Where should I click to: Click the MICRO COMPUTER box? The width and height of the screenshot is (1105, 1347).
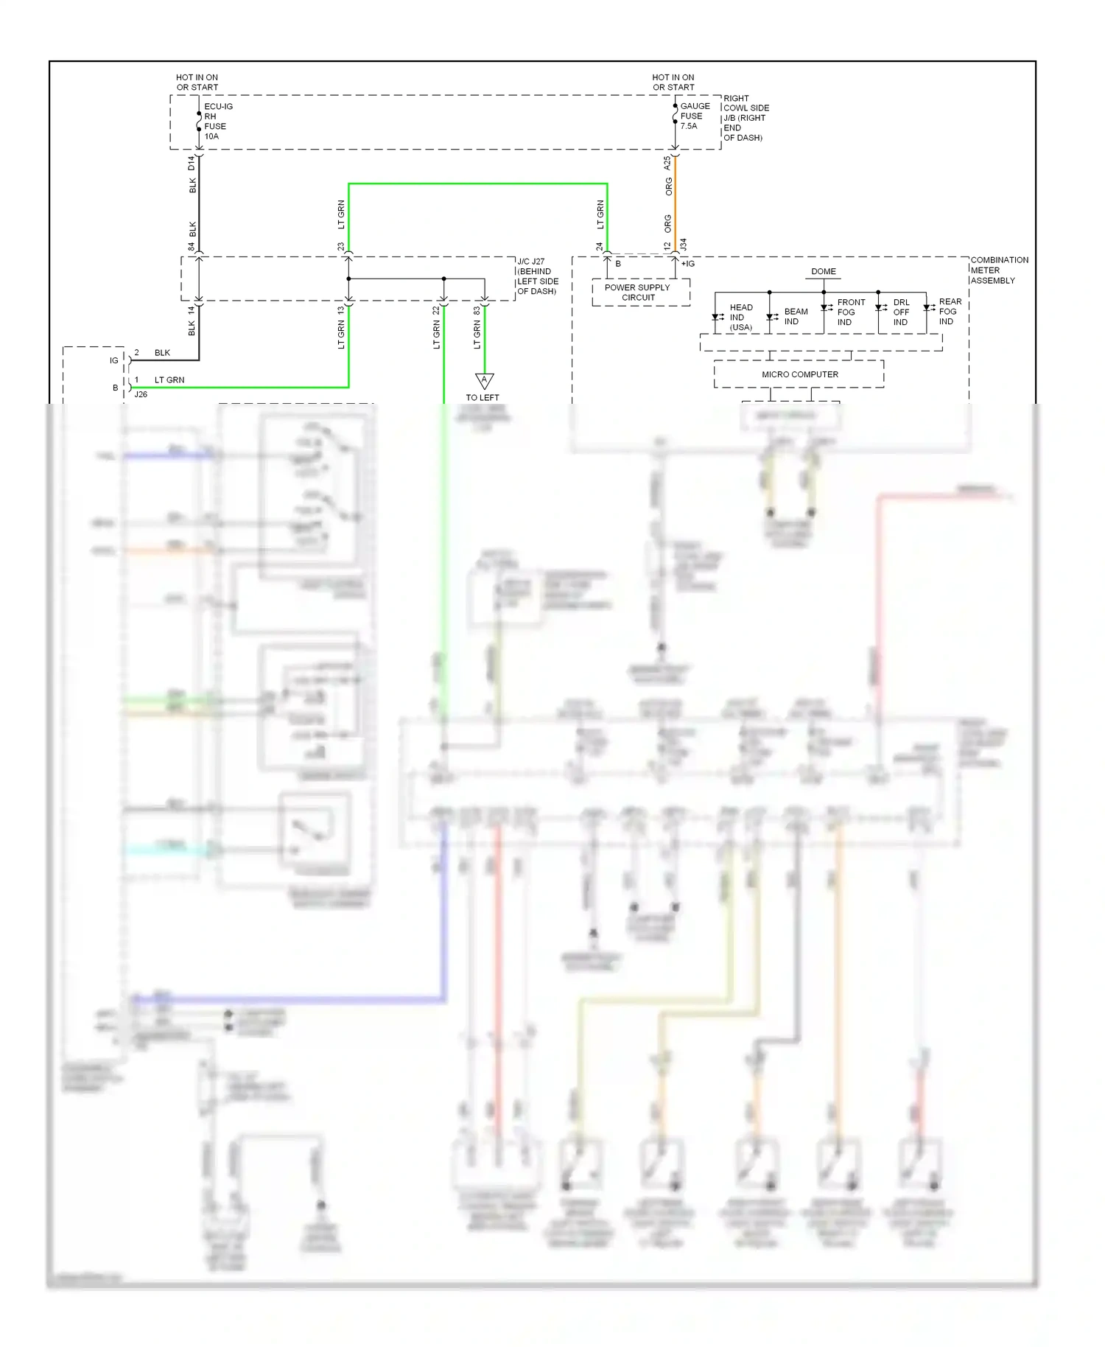799,374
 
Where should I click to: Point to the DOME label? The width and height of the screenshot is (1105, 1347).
823,271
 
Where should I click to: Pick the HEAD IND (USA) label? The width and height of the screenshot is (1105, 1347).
740,318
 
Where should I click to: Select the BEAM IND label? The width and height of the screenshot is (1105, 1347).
795,317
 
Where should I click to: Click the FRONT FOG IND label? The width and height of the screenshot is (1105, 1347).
850,312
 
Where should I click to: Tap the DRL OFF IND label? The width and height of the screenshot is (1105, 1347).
901,312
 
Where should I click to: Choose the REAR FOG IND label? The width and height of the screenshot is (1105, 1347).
949,312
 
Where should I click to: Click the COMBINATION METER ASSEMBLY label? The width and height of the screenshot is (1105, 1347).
998,270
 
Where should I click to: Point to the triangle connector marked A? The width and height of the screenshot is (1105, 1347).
484,380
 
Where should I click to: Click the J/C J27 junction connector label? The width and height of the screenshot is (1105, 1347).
538,276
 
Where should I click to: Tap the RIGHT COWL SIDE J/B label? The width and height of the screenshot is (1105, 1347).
746,118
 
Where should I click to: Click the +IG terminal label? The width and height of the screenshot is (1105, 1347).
687,264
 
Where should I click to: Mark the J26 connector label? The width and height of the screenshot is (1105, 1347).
141,394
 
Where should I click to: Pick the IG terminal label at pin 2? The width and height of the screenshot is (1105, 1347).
114,360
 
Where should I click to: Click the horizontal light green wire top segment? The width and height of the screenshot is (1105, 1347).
477,184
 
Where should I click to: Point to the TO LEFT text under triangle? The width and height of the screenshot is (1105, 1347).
483,398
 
